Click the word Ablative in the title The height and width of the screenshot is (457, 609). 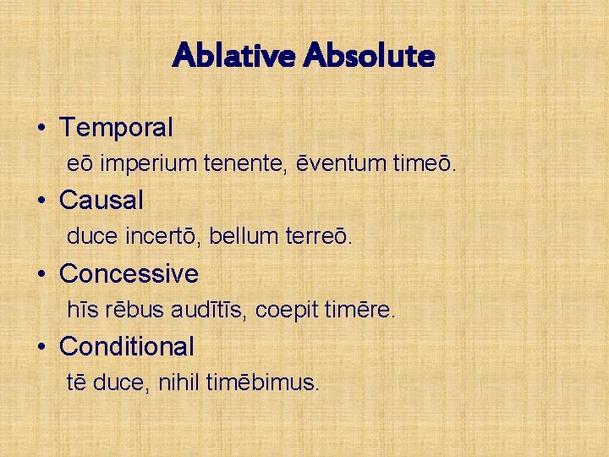(233, 57)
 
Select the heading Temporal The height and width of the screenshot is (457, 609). (116, 128)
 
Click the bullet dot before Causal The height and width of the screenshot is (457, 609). (41, 201)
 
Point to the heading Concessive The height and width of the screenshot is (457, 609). (129, 273)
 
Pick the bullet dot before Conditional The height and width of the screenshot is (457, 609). (41, 347)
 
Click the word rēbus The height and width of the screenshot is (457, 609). (129, 311)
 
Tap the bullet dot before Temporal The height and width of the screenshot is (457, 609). (41, 129)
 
